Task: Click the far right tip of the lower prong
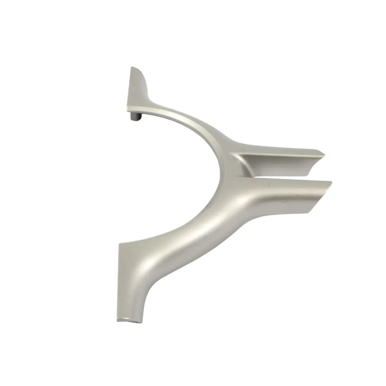pos(331,183)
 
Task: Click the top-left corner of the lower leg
pos(119,244)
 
